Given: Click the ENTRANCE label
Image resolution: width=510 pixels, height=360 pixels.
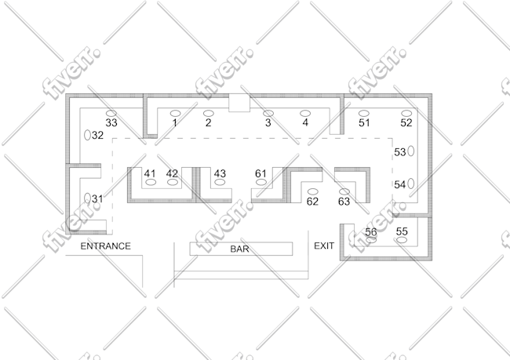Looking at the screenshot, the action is click(105, 246).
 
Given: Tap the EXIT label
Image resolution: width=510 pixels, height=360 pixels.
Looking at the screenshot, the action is click(324, 245).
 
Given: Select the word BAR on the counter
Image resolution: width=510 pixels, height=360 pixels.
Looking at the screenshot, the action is click(240, 249).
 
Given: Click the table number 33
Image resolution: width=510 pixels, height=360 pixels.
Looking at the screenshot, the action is click(111, 123).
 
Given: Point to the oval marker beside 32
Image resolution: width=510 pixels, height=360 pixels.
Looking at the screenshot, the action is click(87, 135).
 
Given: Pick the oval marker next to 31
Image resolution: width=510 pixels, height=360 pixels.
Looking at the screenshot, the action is click(87, 198).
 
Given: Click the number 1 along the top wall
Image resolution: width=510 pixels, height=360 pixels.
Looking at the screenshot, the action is click(175, 123).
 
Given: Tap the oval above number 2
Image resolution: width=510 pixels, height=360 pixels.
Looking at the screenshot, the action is click(209, 114).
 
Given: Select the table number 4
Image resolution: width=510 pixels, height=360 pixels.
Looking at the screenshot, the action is click(305, 122).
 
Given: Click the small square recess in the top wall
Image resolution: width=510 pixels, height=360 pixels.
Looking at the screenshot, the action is click(239, 103).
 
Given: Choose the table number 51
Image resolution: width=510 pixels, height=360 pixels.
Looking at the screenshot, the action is click(364, 123).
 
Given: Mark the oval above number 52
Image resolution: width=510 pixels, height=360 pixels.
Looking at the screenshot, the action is click(406, 113).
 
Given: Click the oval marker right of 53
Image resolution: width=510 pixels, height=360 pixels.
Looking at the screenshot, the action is click(411, 151).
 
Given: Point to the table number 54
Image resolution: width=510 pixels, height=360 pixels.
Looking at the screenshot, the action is click(399, 185).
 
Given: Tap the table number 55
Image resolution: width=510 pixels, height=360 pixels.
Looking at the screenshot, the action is click(402, 231).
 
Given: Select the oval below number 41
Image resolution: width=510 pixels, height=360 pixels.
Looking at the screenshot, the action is click(151, 182).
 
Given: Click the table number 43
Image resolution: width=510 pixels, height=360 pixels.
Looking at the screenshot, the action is click(220, 173).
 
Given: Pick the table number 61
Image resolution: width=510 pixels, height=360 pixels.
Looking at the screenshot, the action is click(260, 173).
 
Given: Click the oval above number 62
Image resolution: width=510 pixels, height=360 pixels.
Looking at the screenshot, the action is click(312, 191).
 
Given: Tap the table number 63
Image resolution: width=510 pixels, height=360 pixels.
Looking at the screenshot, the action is click(344, 202).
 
